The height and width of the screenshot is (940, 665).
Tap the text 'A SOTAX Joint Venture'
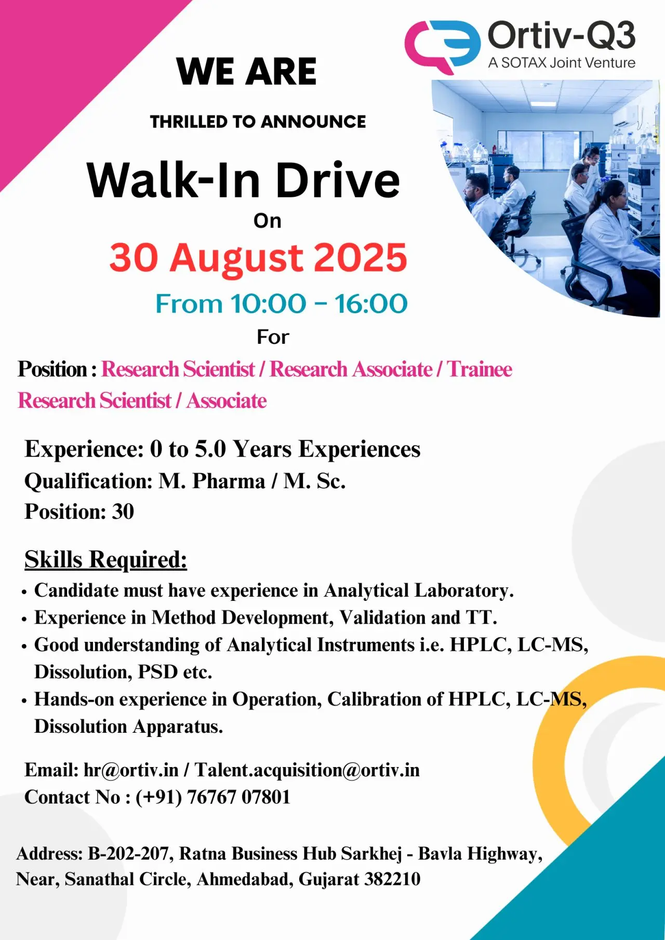(562, 63)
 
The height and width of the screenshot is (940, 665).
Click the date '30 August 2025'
(258, 258)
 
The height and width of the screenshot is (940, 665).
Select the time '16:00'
(371, 304)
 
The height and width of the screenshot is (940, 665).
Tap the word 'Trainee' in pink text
(480, 369)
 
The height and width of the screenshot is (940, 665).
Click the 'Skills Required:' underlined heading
(105, 560)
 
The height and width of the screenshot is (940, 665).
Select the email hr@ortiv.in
(131, 770)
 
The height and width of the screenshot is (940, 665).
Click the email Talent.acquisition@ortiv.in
(307, 770)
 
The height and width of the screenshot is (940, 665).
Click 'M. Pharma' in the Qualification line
(212, 481)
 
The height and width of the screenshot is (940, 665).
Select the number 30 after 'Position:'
(123, 512)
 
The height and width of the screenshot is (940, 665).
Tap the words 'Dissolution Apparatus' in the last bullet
(128, 726)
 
